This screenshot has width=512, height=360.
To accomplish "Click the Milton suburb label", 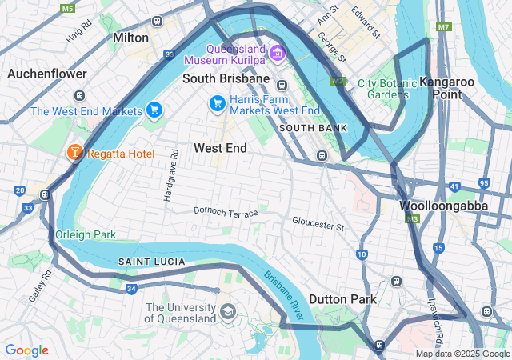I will pos(131,38).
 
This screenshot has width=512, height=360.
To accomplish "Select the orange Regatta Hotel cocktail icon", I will pos(74,152).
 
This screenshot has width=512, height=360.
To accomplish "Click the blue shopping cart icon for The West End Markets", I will pos(154,110).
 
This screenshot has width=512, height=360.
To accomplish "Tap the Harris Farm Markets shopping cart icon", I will pos(217,103).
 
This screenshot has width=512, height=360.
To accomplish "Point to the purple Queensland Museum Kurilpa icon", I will pos(278,53).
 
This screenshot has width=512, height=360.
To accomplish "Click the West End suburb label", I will pos(220,148).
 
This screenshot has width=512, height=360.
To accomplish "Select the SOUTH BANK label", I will pos(313,128).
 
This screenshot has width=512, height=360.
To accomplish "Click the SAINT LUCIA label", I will pos(152,262).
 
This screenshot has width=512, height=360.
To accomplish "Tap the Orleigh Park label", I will pos(86,234).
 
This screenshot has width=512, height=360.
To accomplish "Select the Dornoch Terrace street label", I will pos(226,212).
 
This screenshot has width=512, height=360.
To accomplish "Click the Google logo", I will pos(26,350).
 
